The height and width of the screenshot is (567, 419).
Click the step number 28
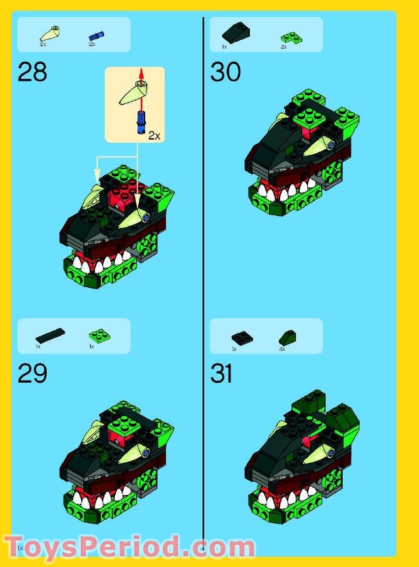tap(32, 72)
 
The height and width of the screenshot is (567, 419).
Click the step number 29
tap(32, 374)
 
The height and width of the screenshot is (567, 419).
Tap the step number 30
tap(225, 72)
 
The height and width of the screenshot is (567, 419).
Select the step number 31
tap(221, 374)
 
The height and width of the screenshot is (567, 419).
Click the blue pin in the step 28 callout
tap(139, 120)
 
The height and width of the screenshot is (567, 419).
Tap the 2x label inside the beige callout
tap(154, 135)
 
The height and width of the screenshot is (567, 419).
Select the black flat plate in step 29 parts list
tap(50, 335)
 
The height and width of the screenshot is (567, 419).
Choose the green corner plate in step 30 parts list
tap(291, 37)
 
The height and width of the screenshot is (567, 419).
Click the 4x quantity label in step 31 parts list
tap(282, 349)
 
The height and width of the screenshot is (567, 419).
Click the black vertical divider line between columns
tap(203, 284)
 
